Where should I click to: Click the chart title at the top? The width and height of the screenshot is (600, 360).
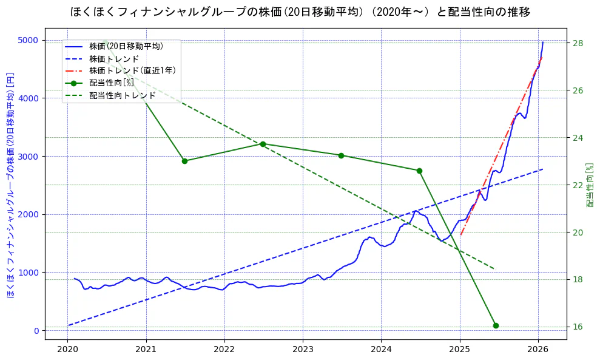tap(300, 12)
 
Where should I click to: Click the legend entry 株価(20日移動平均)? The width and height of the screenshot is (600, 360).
tap(126, 46)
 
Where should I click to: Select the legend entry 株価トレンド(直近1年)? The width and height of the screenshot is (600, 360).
tap(132, 70)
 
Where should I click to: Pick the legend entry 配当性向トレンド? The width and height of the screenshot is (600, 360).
tap(122, 95)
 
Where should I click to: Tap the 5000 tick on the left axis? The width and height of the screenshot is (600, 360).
tap(28, 41)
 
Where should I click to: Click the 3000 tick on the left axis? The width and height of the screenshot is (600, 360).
tap(28, 157)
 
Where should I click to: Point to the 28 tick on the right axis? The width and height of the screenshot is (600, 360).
tap(577, 43)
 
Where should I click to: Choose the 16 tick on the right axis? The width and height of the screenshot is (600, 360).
tap(577, 327)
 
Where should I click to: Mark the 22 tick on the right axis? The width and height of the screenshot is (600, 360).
tap(577, 185)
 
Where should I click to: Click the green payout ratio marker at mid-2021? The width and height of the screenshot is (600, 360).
tap(184, 161)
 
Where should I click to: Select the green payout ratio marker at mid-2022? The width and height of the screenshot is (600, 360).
tap(263, 144)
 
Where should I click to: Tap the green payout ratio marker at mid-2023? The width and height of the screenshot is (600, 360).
tap(341, 155)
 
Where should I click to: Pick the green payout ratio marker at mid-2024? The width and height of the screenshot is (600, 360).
tap(419, 171)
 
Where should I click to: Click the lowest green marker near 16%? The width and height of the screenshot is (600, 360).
tap(496, 325)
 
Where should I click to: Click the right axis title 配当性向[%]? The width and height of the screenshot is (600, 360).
tap(590, 185)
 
